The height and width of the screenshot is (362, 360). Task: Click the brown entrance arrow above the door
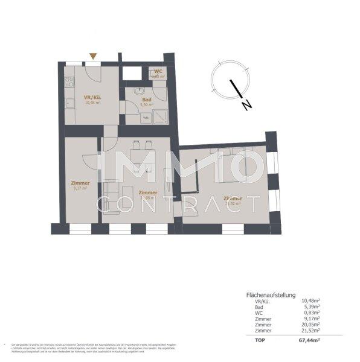92,57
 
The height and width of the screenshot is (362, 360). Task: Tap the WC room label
158,71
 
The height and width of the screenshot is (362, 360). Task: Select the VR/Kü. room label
83,97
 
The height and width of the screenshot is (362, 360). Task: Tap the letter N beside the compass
246,106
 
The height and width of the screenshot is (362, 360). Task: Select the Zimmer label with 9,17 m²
80,183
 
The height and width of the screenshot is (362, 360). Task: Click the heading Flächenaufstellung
271,295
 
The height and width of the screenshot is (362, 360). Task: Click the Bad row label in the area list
259,307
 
